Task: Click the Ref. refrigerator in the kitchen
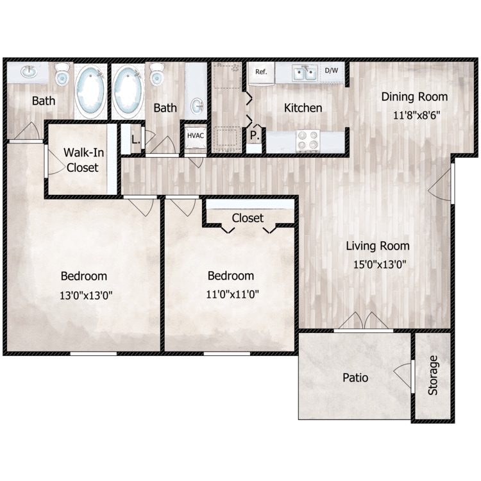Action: (x=261, y=74)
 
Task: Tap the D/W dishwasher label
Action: (x=332, y=71)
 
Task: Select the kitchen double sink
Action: (x=304, y=73)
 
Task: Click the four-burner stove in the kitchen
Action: (x=308, y=140)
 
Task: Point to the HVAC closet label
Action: (x=196, y=135)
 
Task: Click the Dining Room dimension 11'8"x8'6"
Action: (x=417, y=115)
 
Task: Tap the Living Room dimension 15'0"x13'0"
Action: (x=380, y=264)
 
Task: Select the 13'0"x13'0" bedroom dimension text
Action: (x=86, y=296)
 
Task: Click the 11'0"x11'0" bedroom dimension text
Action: (x=232, y=294)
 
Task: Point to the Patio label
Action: (x=355, y=378)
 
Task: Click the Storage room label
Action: (x=432, y=375)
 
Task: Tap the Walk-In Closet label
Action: (x=83, y=160)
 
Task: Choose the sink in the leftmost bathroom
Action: (x=29, y=72)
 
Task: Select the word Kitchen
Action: (x=303, y=108)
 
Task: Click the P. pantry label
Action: (x=255, y=135)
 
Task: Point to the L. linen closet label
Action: (x=135, y=140)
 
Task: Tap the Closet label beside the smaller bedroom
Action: (x=248, y=218)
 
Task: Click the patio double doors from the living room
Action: (x=364, y=322)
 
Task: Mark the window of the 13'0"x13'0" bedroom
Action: (x=94, y=353)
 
